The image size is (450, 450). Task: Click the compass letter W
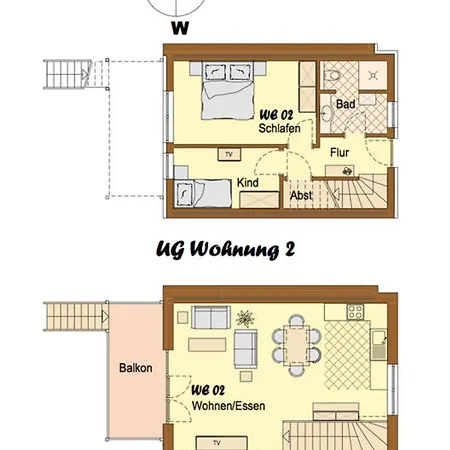click(x=180, y=28)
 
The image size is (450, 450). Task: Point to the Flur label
click(x=340, y=152)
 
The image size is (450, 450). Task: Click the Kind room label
click(x=249, y=184)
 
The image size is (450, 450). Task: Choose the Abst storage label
click(x=300, y=197)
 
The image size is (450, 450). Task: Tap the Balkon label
click(x=135, y=368)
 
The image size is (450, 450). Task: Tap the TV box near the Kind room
click(x=229, y=155)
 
